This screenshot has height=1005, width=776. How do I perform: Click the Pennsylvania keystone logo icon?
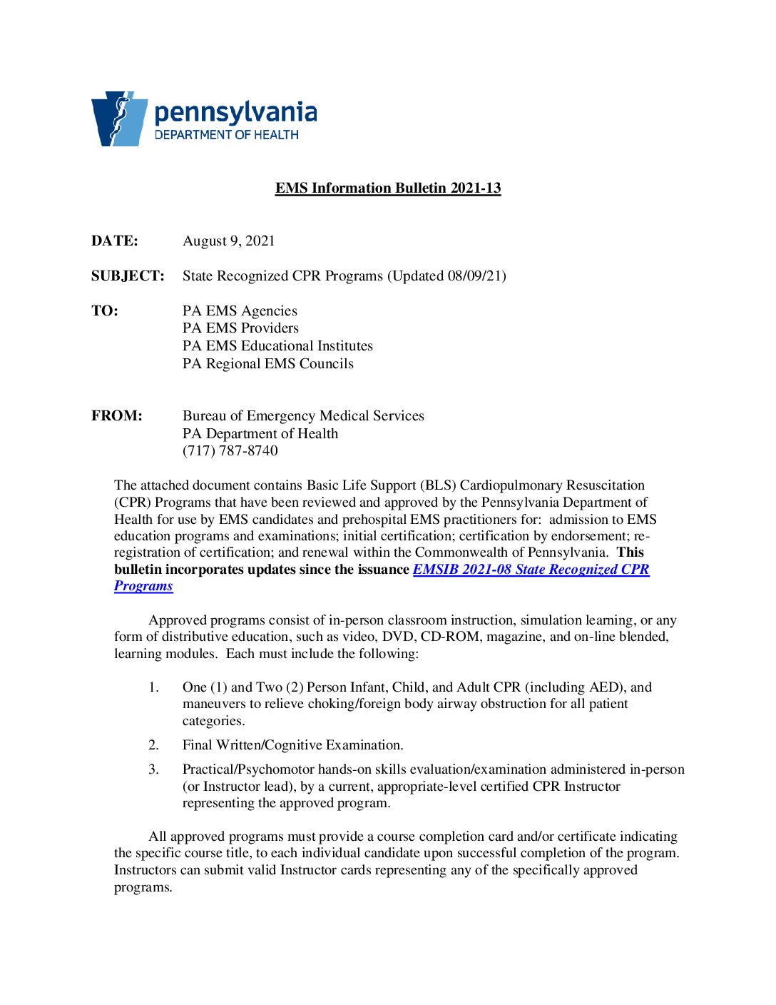[118, 118]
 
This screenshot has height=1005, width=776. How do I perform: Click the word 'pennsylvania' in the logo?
[235, 113]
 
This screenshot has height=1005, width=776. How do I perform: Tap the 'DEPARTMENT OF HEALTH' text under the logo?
[226, 135]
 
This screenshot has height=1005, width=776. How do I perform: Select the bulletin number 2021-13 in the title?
[476, 188]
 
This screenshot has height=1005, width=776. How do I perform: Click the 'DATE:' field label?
[114, 241]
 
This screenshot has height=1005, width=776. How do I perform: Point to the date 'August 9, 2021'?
[228, 241]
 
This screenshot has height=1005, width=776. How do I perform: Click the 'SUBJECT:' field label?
[128, 276]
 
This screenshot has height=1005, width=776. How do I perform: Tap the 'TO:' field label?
[104, 311]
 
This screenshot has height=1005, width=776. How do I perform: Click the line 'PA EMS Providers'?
[240, 328]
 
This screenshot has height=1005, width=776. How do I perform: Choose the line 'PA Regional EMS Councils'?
[267, 364]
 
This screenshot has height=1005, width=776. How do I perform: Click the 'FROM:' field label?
[116, 416]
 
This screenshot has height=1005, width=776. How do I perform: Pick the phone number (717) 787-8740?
[230, 451]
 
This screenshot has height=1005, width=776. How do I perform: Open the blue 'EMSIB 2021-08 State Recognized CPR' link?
[531, 570]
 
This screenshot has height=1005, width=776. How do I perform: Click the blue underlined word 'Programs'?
[143, 586]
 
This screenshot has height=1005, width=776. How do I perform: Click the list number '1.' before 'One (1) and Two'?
[153, 687]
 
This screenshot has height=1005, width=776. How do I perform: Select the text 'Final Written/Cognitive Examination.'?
[292, 745]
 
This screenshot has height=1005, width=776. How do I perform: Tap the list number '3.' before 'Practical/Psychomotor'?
[153, 769]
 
